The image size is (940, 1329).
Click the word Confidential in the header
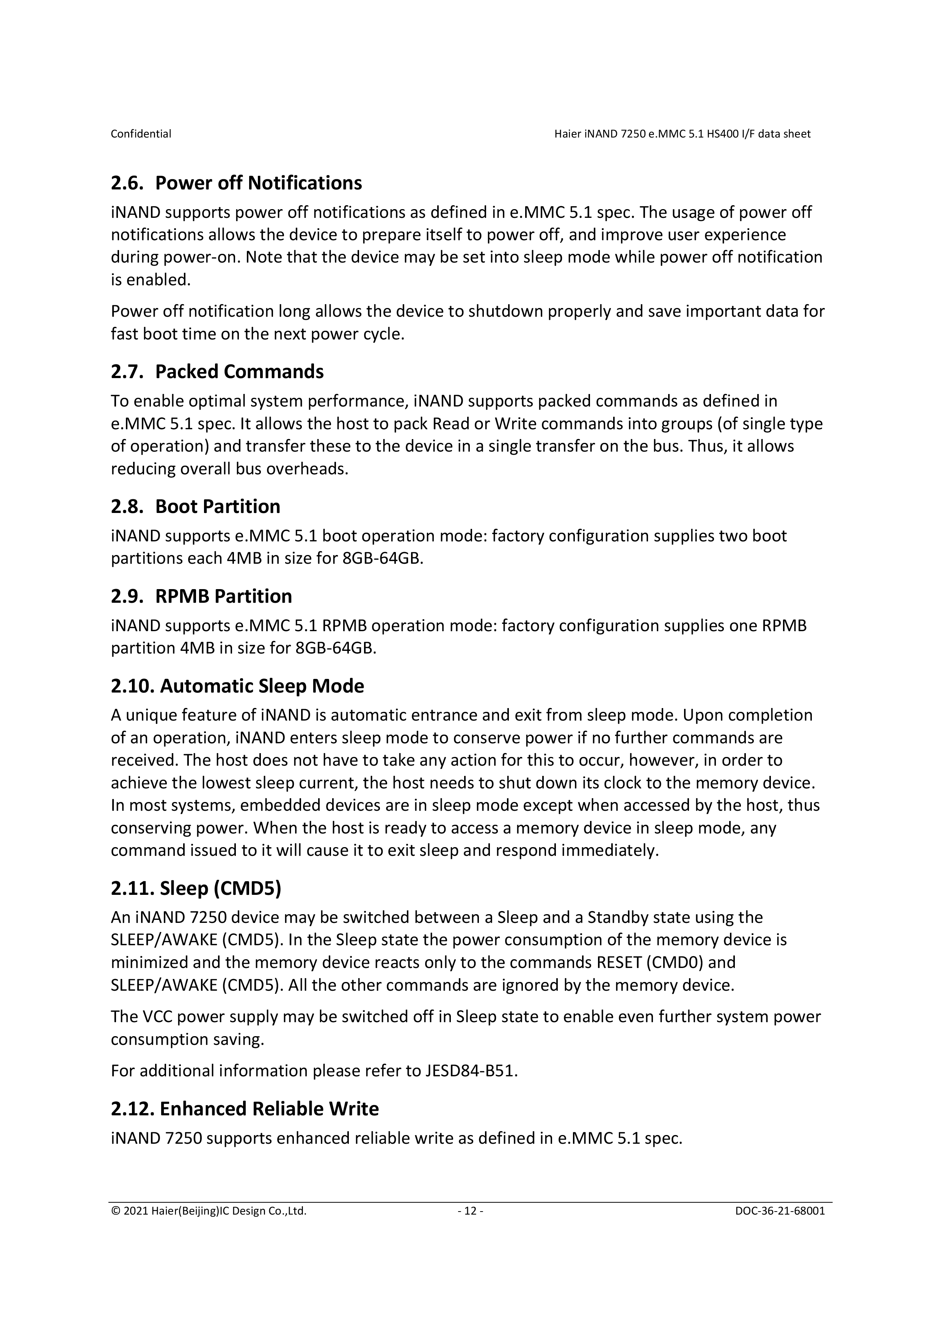pos(141,134)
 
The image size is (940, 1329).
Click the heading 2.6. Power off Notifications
pos(236,183)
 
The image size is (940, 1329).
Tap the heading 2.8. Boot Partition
pos(195,507)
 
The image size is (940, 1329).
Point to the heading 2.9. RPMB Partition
pos(201,596)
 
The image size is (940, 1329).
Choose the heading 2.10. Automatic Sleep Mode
pos(237,686)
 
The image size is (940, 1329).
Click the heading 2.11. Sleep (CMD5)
pos(196,888)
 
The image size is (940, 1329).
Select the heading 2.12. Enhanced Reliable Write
pos(245,1109)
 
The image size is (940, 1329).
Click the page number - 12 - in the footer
pos(470,1211)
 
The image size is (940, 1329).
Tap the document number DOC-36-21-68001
pos(780,1211)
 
